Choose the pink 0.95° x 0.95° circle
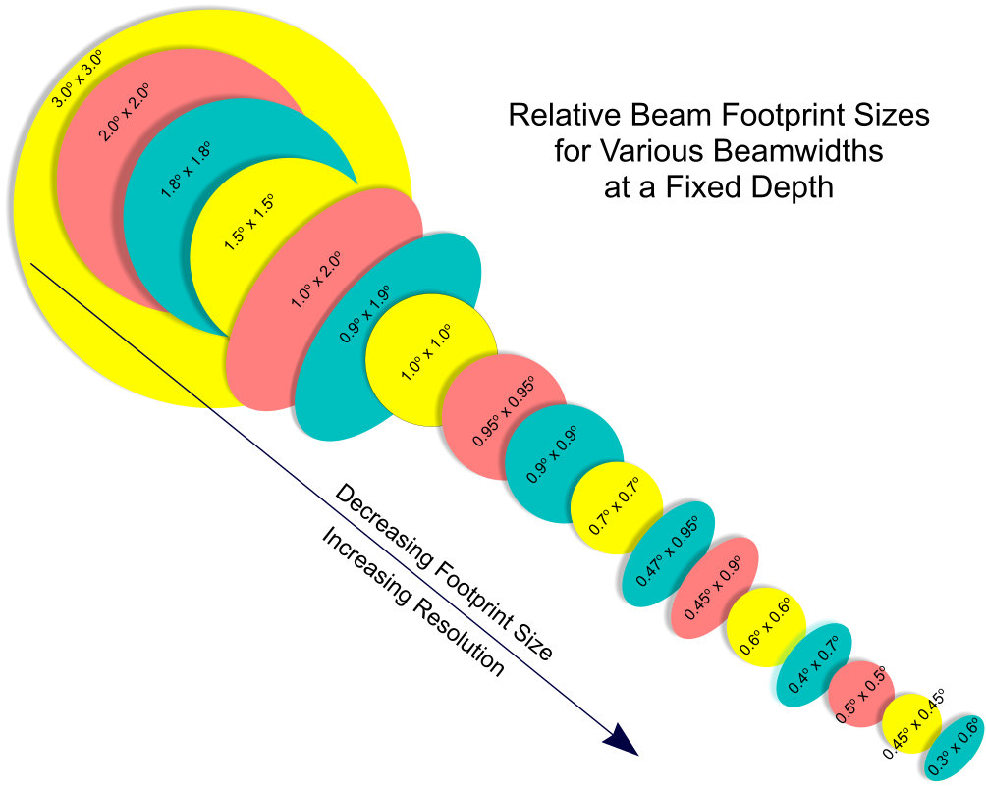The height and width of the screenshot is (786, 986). click(502, 413)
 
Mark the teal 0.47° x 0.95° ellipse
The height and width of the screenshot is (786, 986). click(672, 554)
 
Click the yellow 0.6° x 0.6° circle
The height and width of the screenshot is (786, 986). click(765, 629)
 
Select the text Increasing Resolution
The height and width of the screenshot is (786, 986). click(412, 603)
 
